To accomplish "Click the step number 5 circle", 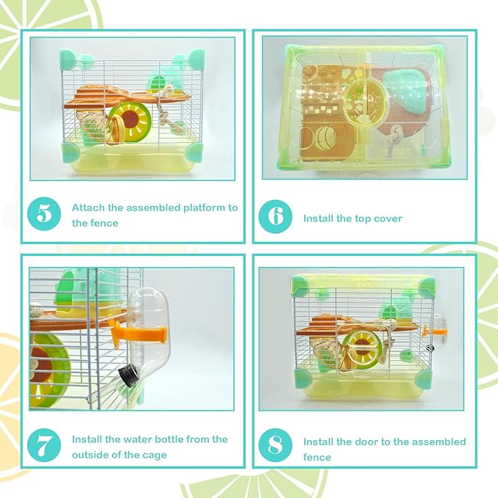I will pos(44,215).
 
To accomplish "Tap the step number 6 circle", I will pos(276,218).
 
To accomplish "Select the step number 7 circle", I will pos(44,447).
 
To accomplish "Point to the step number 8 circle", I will pos(276,447).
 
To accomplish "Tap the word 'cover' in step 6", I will pos(388,219).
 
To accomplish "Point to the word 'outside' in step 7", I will pos(92,455).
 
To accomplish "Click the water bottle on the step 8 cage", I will pos(439,332).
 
